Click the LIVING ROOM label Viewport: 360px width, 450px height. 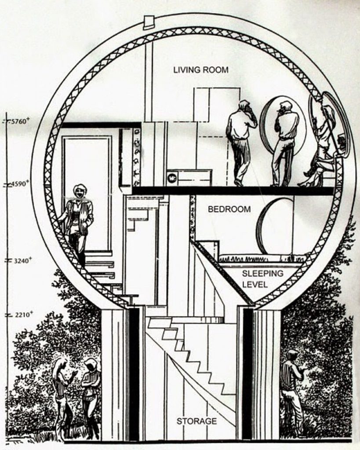pyautogui.click(x=200, y=70)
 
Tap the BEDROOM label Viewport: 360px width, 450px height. pyautogui.click(x=229, y=210)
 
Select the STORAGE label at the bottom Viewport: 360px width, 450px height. pyautogui.click(x=196, y=421)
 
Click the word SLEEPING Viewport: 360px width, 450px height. pyautogui.click(x=262, y=274)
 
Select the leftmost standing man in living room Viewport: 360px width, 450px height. pyautogui.click(x=240, y=141)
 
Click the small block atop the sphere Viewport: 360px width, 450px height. pyautogui.click(x=149, y=22)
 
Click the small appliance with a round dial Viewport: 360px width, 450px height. pyautogui.click(x=172, y=178)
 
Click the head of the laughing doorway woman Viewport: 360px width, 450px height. pyautogui.click(x=80, y=191)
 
